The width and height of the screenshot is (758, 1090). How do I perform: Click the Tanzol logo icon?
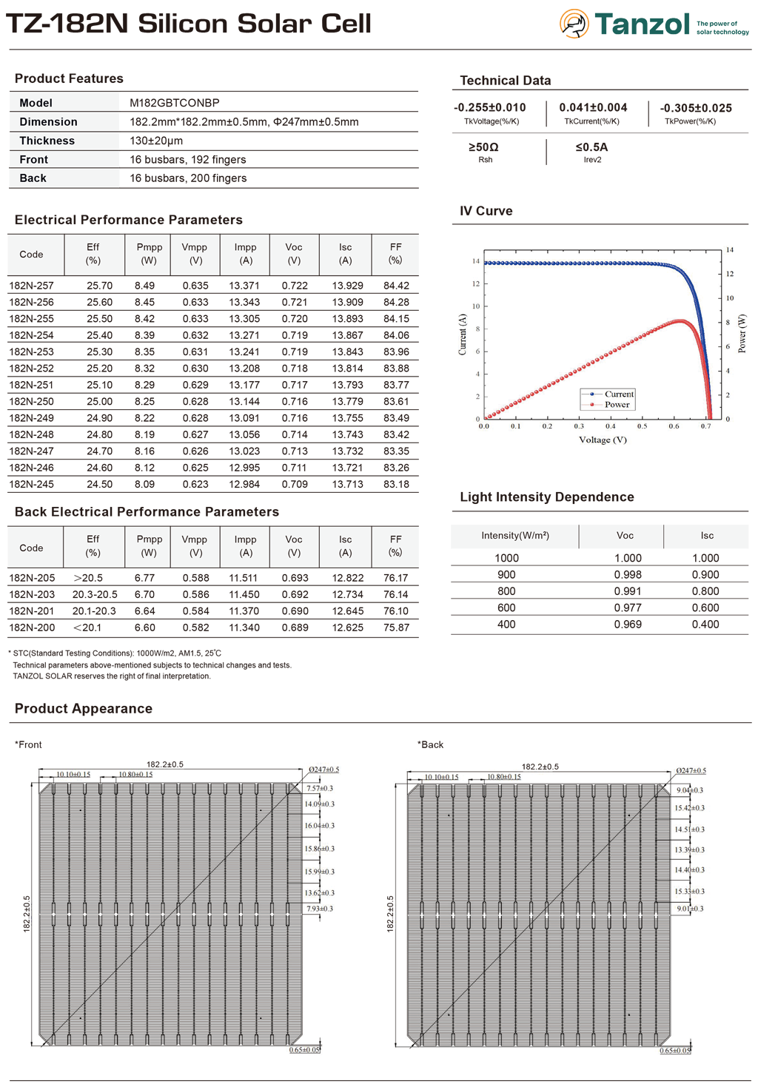(574, 24)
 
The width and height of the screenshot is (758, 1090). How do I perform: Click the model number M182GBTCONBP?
(174, 103)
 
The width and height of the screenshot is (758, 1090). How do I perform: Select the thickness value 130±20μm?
(156, 141)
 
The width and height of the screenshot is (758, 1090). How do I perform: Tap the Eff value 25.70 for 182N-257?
(99, 286)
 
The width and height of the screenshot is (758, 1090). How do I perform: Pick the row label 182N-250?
(31, 402)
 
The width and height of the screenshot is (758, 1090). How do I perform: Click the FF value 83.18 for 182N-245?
(396, 485)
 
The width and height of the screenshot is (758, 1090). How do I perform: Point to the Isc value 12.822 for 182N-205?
(347, 578)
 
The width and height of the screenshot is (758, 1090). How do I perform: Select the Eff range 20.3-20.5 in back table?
(95, 595)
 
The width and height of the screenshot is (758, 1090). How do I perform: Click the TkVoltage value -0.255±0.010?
(490, 108)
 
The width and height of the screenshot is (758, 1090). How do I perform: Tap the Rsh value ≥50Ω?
(484, 147)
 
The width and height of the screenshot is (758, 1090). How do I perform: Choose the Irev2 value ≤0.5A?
(591, 147)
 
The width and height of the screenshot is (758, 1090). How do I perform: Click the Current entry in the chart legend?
(619, 394)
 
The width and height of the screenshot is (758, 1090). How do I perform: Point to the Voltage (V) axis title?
(603, 440)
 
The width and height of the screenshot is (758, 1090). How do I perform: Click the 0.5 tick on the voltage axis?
(642, 427)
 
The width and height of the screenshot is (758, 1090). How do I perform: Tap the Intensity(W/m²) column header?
(514, 536)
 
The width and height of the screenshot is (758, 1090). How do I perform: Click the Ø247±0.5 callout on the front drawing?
(323, 770)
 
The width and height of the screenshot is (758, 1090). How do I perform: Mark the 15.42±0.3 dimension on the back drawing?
(689, 808)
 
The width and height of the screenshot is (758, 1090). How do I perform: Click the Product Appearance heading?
(84, 709)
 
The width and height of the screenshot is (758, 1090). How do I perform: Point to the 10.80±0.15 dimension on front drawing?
(135, 775)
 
